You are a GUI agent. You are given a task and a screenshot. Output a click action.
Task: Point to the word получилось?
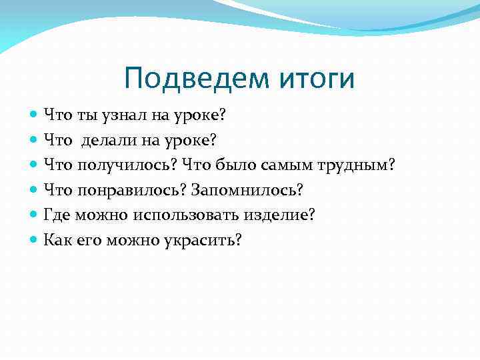pos(127,165)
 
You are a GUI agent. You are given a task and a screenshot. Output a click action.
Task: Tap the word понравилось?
pos(132,190)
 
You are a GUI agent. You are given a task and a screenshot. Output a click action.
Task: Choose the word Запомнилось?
pos(247,190)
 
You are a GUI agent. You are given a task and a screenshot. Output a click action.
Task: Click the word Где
pos(56,215)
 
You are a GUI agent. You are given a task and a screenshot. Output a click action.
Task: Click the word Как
pos(57,239)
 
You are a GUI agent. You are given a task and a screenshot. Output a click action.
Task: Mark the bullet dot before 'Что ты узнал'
pos(34,116)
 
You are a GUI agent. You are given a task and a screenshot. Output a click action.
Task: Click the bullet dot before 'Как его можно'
pos(34,239)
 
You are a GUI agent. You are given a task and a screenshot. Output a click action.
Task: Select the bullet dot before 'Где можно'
pos(34,215)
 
